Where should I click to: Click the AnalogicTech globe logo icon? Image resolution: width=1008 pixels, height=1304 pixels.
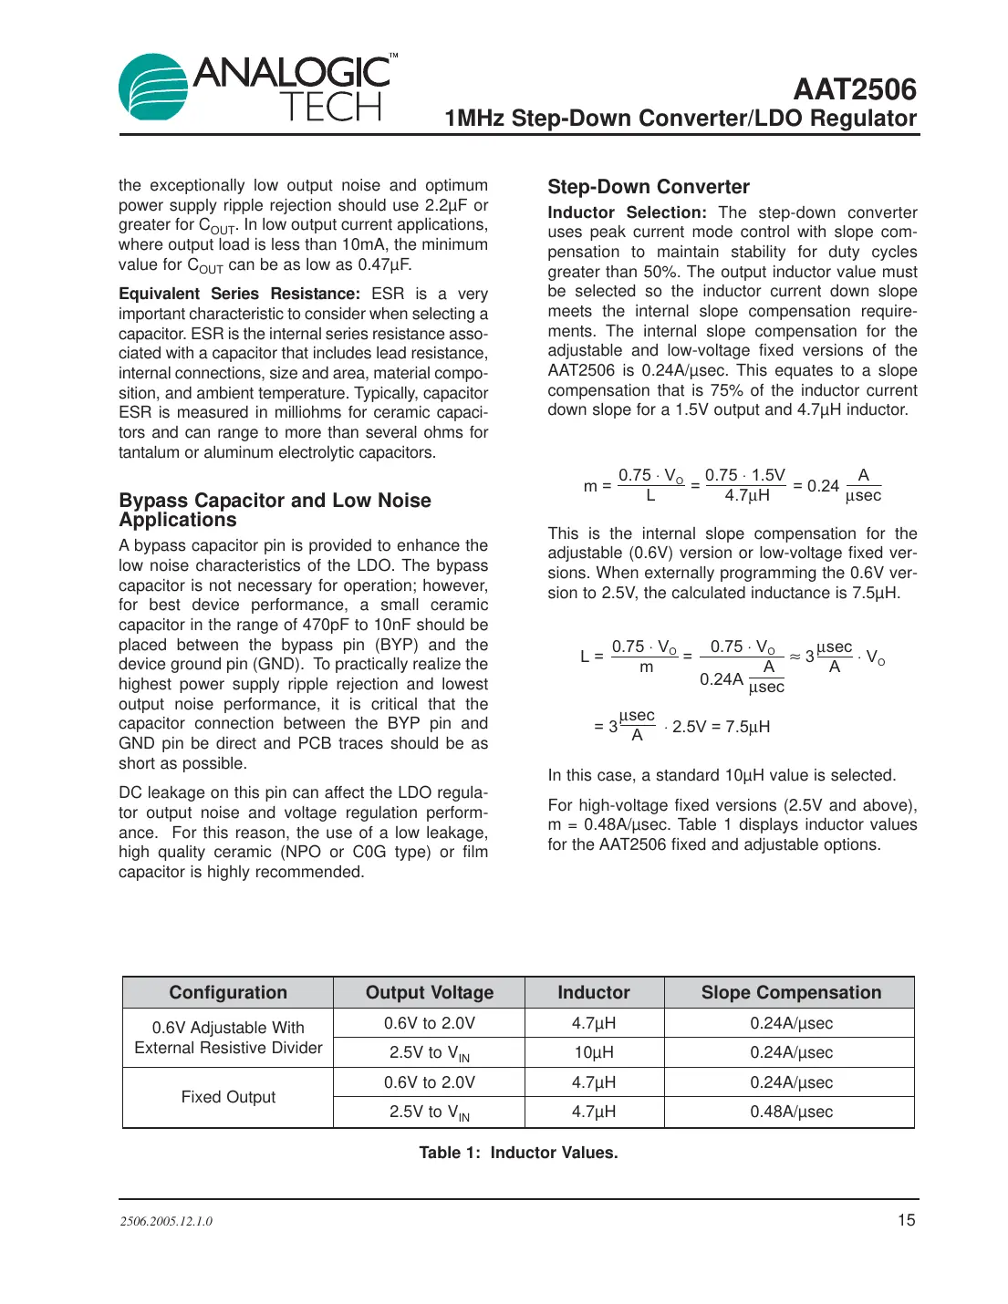[153, 88]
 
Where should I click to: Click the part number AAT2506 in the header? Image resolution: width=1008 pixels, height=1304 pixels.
[854, 89]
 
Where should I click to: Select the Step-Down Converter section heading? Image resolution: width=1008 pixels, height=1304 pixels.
[648, 187]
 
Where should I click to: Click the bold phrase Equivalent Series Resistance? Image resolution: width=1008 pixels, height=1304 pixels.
[239, 294]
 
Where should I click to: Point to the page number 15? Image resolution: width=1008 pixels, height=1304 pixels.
[906, 1220]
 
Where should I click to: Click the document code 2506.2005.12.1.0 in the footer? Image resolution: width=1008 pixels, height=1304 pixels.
[166, 1221]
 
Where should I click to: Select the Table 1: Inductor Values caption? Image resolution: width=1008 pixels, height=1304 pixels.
[518, 1153]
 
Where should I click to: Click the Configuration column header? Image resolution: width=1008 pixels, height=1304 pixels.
[228, 992]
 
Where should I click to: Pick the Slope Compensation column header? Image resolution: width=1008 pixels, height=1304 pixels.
[790, 992]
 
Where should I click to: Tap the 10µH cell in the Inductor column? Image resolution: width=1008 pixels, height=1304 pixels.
[594, 1052]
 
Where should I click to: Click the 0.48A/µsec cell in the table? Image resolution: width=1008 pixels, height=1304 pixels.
[791, 1112]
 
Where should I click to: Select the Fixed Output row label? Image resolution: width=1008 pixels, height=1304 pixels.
[228, 1097]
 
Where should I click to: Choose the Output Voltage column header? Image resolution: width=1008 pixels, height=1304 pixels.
[429, 992]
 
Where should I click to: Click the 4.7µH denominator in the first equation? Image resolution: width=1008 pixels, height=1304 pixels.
[747, 496]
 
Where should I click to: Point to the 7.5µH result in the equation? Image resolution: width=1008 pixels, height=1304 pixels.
[747, 727]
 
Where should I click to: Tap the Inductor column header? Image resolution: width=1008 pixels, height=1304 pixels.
[594, 992]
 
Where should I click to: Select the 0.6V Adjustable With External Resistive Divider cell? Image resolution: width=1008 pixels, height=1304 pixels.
[228, 1038]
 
